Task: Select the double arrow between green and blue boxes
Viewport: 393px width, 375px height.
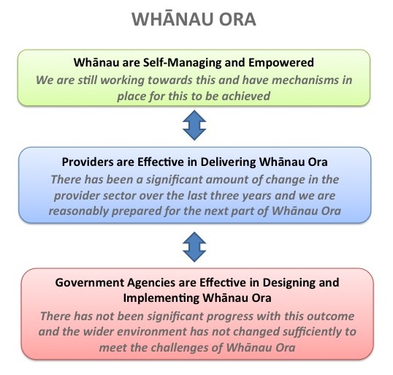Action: pyautogui.click(x=194, y=125)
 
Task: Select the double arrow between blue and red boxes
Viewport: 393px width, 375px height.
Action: pyautogui.click(x=194, y=247)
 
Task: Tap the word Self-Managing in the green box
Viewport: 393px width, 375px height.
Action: pyautogui.click(x=182, y=63)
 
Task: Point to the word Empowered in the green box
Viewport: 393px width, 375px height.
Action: pyautogui.click(x=281, y=63)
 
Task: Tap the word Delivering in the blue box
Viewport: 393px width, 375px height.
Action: pyautogui.click(x=228, y=162)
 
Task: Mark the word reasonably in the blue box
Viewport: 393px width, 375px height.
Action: pyautogui.click(x=78, y=211)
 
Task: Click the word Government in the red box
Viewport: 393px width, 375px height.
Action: pyautogui.click(x=89, y=283)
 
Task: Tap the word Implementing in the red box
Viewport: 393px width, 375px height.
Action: pyautogui.click(x=161, y=298)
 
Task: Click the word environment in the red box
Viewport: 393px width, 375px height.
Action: pyautogui.click(x=151, y=332)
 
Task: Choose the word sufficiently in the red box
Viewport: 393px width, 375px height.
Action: pyautogui.click(x=312, y=332)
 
